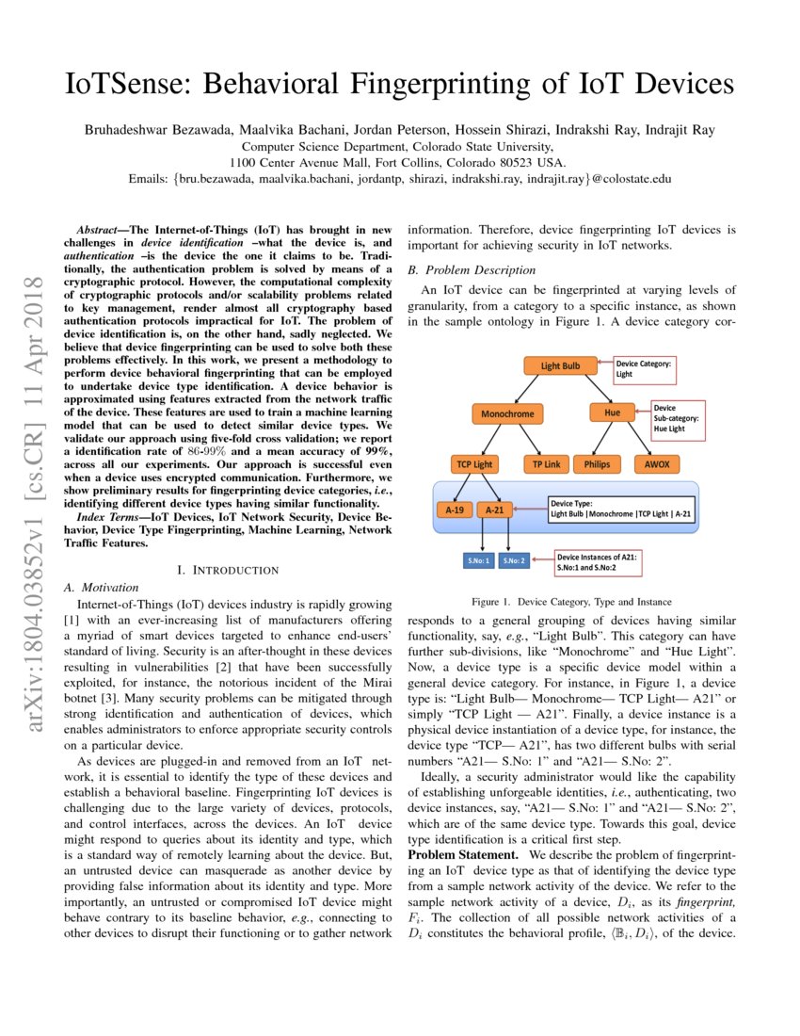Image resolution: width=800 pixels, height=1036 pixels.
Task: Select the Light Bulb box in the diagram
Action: tap(561, 366)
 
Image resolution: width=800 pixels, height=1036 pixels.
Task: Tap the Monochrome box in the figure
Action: tap(507, 413)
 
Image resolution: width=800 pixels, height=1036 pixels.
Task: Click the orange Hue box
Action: tap(612, 413)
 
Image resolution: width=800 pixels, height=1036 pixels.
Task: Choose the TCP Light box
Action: tap(475, 464)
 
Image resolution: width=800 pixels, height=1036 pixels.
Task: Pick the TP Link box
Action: tap(545, 464)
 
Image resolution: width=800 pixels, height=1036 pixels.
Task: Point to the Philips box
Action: tap(597, 464)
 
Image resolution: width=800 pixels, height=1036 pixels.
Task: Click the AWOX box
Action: tap(657, 464)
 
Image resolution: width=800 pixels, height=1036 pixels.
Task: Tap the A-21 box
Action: tap(496, 510)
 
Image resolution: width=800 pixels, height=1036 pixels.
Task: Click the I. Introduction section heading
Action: tap(228, 570)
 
